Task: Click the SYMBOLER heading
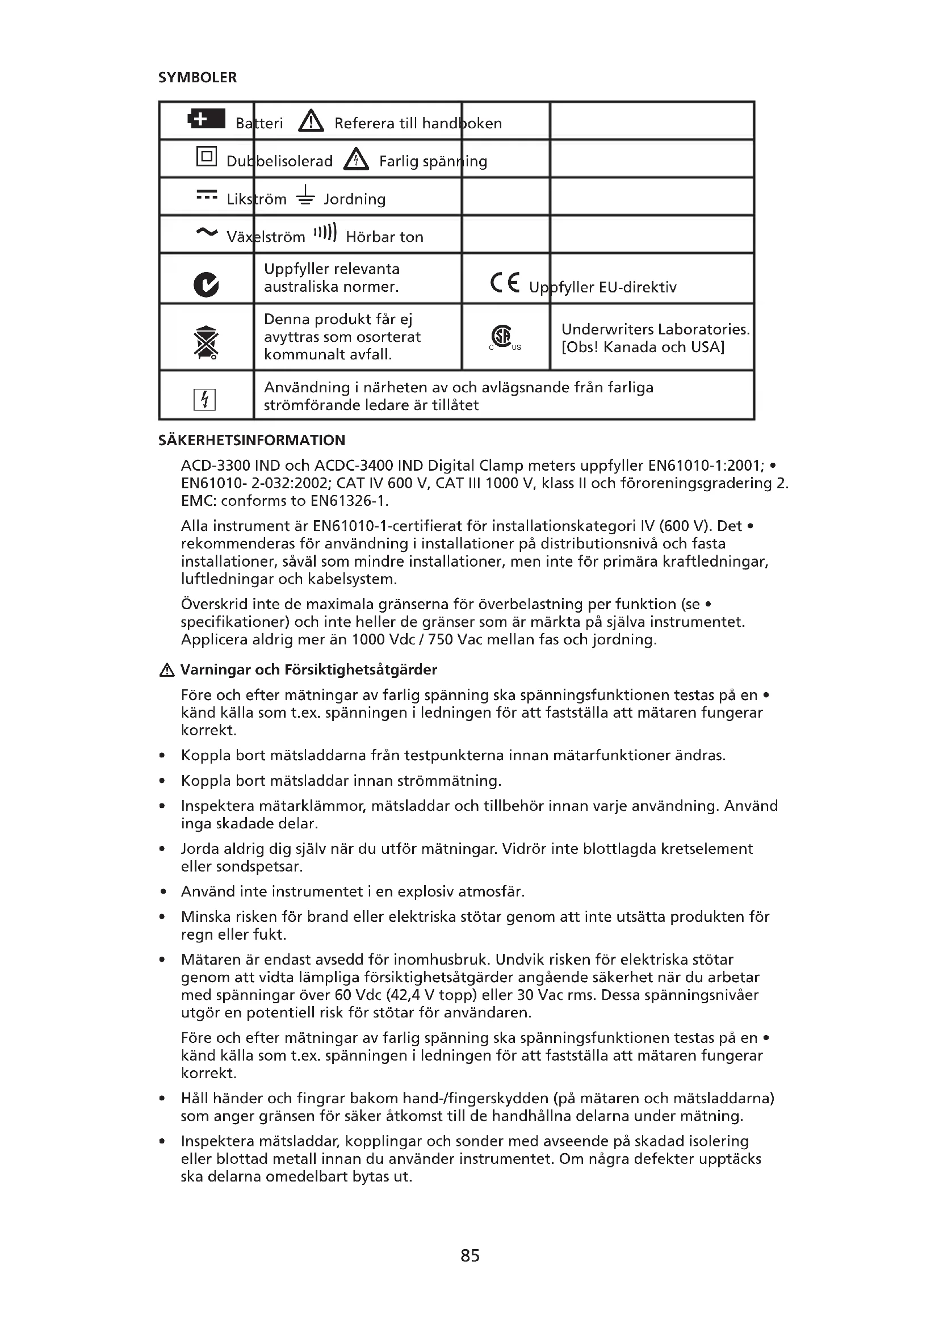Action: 197,78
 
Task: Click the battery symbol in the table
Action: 207,119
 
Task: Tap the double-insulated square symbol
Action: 207,156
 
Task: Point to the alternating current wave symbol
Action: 207,233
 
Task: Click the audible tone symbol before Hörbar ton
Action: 325,233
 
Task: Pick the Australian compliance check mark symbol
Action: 207,284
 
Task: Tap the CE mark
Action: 505,282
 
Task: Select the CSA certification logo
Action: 502,336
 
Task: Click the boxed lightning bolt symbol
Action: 205,399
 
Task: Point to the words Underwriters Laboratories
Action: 655,329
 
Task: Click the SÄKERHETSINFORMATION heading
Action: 251,440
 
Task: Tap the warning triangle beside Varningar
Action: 166,671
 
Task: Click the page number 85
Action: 470,1255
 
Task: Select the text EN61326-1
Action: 349,501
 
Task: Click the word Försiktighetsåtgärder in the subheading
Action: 360,670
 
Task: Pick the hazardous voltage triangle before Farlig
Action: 356,159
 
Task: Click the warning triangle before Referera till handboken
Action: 311,121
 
